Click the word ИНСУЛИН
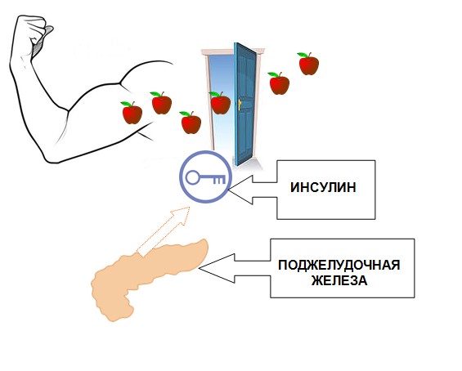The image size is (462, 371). pyautogui.click(x=323, y=187)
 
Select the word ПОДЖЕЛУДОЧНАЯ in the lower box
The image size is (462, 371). pyautogui.click(x=339, y=265)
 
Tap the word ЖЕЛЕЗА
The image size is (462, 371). pyautogui.click(x=339, y=280)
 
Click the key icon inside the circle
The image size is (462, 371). pyautogui.click(x=206, y=177)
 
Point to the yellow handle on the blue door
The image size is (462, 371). pyautogui.click(x=240, y=105)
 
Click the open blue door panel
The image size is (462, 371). pyautogui.click(x=244, y=104)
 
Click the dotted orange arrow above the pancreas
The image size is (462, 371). pyautogui.click(x=164, y=230)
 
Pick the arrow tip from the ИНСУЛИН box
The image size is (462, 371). pyautogui.click(x=229, y=190)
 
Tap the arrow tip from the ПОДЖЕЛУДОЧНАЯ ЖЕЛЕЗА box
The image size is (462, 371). pyautogui.click(x=200, y=268)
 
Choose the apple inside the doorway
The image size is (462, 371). pyautogui.click(x=220, y=103)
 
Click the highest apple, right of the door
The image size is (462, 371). pyautogui.click(x=308, y=64)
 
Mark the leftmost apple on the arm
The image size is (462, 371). pyautogui.click(x=132, y=113)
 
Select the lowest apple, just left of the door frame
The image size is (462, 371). pyautogui.click(x=191, y=123)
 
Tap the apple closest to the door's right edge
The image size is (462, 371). pyautogui.click(x=279, y=83)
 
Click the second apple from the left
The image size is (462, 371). pyautogui.click(x=161, y=103)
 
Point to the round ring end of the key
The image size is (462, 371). pyautogui.click(x=192, y=177)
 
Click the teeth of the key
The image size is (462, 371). pyautogui.click(x=219, y=181)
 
